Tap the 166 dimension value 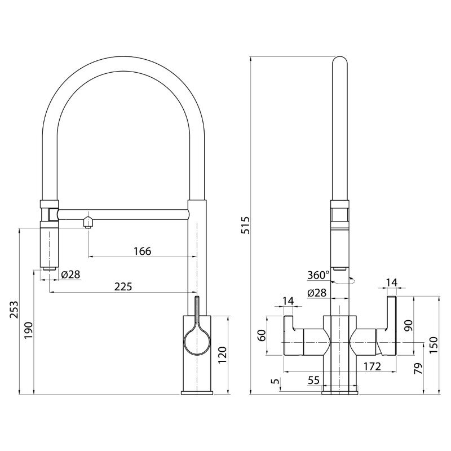coord(143,251)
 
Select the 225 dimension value coord(123,286)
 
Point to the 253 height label coord(14,309)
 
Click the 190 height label coord(29,330)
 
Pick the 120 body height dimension coord(223,355)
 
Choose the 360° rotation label coord(318,275)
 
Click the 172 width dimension coord(372,366)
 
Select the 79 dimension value coord(419,369)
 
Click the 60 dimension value coord(262,335)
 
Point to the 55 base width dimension coord(313,380)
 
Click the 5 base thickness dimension coord(275,381)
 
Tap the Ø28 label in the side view coord(71,275)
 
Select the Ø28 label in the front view coord(317,293)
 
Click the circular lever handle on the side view coord(197,342)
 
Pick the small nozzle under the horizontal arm coord(88,223)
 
